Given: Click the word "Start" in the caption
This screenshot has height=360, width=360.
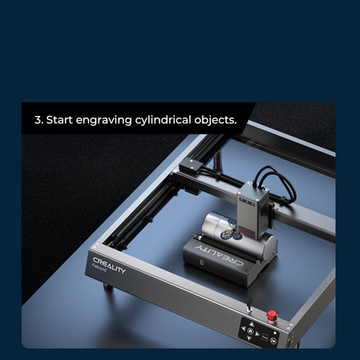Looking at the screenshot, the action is pos(59,120).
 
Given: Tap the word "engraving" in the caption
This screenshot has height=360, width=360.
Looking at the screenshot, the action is pos(104,120).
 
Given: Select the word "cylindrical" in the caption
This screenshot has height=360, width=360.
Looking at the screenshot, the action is pos(163,120).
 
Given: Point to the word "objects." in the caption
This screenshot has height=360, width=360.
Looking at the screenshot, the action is pos(215,120).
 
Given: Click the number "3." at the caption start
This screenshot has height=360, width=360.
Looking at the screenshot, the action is pos(39,120).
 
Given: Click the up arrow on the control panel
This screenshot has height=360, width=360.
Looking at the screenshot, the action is pos(251,324).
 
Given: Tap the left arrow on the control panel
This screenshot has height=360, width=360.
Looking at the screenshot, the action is pos(244,328).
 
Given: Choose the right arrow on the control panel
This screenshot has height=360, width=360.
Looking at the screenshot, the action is pos(258,334).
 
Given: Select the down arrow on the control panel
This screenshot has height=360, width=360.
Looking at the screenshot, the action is pos(249,338).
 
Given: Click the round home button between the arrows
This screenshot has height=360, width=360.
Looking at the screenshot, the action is pos(251,331).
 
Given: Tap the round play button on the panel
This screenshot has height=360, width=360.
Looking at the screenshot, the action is pos(274,341).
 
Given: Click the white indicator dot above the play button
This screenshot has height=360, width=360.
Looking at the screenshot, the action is pos(275,333).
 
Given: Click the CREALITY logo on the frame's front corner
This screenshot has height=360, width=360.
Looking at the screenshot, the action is pos(109,265).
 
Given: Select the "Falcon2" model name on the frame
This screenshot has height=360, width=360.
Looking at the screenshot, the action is pos(99,267).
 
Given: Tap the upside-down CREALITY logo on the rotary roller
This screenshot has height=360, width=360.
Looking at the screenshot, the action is pos(220,255).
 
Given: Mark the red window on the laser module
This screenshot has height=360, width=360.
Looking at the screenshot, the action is pos(247,231).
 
